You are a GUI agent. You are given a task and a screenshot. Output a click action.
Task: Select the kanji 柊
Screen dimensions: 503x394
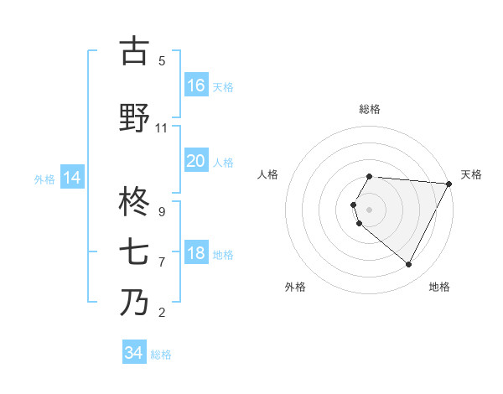134,202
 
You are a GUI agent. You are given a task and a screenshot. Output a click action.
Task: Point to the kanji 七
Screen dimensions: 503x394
134,252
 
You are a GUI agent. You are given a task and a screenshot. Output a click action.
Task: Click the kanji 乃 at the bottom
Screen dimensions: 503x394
134,303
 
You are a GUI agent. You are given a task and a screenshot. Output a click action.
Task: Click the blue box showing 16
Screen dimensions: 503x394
196,85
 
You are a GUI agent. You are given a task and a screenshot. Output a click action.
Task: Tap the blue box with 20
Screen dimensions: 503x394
196,161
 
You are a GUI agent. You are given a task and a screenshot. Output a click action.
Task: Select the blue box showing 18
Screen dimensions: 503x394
196,253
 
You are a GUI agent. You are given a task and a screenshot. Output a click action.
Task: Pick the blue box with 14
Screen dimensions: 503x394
72,178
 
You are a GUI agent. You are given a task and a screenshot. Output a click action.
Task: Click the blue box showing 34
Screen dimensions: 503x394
134,353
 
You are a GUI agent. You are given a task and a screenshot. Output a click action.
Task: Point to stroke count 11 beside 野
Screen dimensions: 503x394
162,128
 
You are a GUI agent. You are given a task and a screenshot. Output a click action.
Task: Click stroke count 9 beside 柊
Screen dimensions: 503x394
162,212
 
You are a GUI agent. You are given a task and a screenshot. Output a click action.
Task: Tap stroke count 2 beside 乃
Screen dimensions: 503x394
162,313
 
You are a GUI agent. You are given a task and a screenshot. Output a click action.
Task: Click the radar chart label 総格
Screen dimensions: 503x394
370,109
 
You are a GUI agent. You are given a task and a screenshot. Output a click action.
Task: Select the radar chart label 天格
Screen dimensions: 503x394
471,174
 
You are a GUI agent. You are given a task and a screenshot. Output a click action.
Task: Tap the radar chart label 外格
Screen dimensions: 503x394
295,287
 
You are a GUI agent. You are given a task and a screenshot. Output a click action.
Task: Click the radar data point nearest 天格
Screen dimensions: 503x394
449,184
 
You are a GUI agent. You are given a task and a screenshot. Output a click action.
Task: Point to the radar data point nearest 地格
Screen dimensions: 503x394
409,265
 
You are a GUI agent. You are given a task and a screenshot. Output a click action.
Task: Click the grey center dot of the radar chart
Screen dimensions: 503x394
370,210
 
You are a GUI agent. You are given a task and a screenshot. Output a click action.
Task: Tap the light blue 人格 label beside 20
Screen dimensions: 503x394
223,162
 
